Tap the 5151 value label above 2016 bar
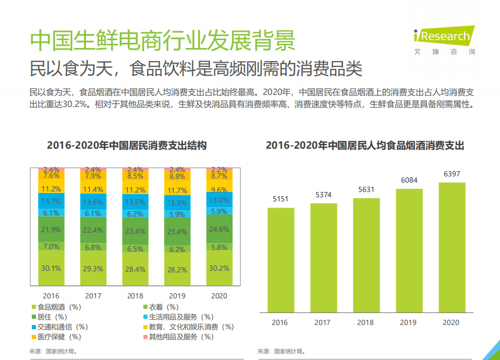281,199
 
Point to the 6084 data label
409,180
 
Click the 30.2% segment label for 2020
219,268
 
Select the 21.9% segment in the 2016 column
51,230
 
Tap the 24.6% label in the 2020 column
219,229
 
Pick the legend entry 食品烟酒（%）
58,307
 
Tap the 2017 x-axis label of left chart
93,296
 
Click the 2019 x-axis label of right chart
409,322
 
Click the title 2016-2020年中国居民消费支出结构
127,146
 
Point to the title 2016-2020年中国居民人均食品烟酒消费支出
365,146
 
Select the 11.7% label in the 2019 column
177,190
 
